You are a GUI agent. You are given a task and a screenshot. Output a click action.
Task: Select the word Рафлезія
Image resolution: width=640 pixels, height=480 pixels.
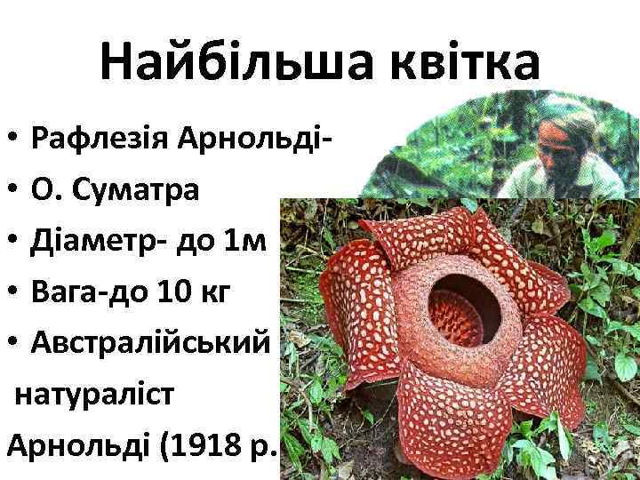(x=100, y=139)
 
